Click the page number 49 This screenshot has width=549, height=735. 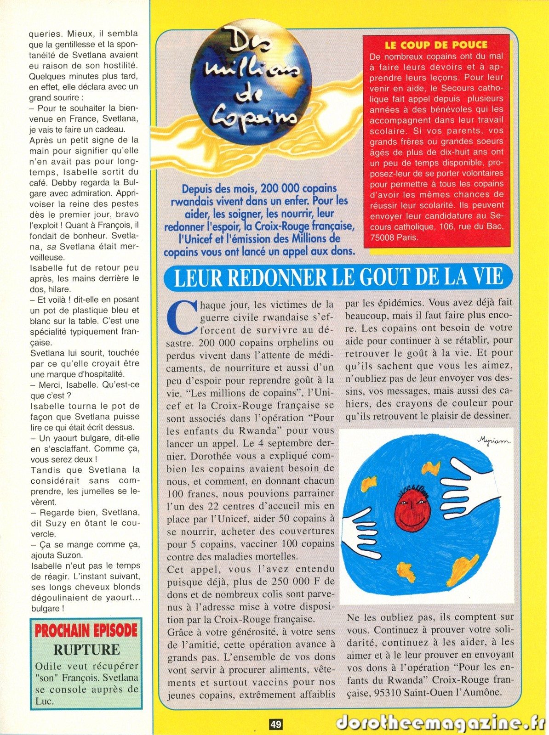tap(275, 724)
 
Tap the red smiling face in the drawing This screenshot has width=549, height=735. tap(413, 508)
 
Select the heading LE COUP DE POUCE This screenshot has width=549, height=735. tap(436, 45)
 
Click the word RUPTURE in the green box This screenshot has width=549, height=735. tap(86, 650)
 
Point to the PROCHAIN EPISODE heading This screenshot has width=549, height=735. tap(86, 630)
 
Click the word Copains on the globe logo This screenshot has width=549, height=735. tap(253, 114)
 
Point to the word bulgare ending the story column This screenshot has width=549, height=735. tap(45, 608)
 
